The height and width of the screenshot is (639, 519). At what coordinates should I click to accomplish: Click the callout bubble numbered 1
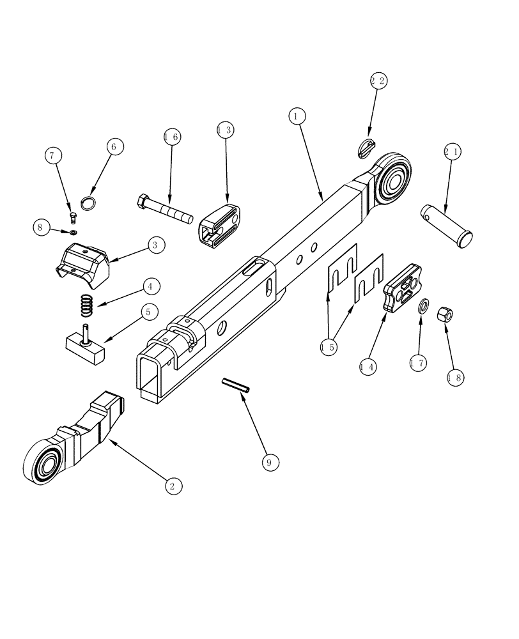(x=297, y=116)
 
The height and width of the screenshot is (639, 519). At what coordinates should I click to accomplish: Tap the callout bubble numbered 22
(x=378, y=81)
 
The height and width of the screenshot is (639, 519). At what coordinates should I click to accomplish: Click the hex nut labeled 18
(x=444, y=314)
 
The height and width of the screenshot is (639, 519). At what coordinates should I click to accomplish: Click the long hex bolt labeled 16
(x=164, y=208)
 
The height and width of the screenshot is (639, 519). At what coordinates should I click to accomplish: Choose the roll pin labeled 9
(x=236, y=385)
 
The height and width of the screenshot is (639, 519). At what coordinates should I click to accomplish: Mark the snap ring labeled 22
(x=364, y=146)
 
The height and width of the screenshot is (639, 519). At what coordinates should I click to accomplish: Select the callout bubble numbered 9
(x=270, y=462)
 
